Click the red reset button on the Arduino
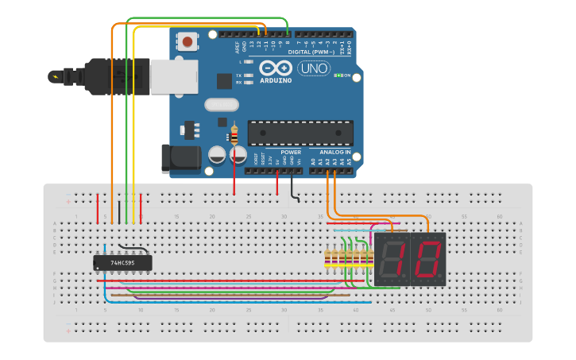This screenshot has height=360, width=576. pos(187,41)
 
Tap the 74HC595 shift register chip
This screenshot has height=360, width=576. pos(122,262)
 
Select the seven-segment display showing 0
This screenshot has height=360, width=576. pos(427,260)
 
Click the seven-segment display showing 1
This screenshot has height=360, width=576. pos(392,260)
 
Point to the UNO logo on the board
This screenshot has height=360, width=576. pos(314,68)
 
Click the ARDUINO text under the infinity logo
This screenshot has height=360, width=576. pos(274,79)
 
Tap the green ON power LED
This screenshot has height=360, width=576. pos(339,75)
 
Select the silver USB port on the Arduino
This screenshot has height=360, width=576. pos(174,77)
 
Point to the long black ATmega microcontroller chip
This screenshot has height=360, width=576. pos(300,133)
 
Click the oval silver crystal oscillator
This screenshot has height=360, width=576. pos(221,104)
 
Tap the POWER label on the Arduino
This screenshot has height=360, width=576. pos(291,152)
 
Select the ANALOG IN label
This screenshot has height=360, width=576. pos(334,152)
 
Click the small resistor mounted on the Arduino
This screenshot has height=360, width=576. pos(234,135)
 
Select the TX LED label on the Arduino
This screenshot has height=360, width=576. pos(239,75)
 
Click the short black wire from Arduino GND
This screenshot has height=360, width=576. pos(293,191)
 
